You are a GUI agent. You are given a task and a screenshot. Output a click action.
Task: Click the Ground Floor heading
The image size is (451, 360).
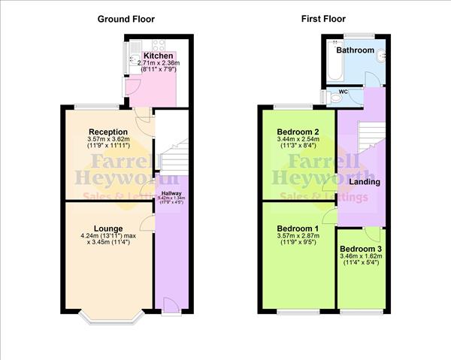126,19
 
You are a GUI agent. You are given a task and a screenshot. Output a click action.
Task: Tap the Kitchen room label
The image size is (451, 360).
158,56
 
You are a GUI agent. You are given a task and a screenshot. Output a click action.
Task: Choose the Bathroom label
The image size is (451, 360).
355,50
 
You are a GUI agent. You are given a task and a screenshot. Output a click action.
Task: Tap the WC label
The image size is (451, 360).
343,92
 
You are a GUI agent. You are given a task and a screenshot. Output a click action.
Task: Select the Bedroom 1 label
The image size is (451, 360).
298,228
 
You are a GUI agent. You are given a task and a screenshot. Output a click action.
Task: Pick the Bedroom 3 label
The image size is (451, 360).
360,249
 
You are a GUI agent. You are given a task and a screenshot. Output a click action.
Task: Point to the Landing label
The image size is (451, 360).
365,182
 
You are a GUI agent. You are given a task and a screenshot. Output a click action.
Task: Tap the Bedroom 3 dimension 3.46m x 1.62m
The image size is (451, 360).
360,256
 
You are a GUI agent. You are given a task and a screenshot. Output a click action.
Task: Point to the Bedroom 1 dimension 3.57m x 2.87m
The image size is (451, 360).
298,237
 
